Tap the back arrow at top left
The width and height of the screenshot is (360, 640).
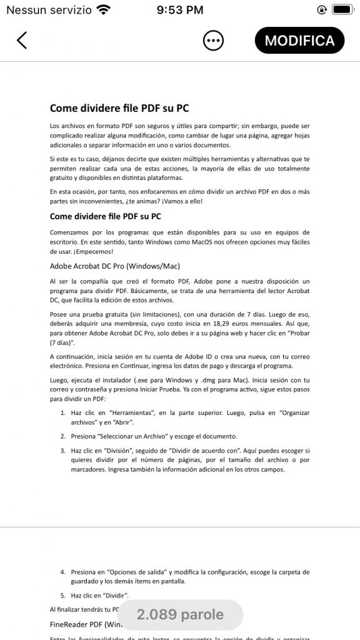pyautogui.click(x=22, y=40)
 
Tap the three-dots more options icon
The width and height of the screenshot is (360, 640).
pyautogui.click(x=213, y=41)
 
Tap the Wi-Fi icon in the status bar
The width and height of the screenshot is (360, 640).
pyautogui.click(x=103, y=9)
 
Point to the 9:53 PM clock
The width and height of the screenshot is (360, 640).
pyautogui.click(x=180, y=9)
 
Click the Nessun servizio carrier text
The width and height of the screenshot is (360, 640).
pyautogui.click(x=48, y=9)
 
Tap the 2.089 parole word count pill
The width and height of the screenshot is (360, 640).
pyautogui.click(x=180, y=615)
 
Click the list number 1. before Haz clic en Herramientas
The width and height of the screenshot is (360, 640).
pyautogui.click(x=63, y=413)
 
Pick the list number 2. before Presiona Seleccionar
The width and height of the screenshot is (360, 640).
pyautogui.click(x=63, y=436)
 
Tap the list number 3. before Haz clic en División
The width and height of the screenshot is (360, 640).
pyautogui.click(x=63, y=450)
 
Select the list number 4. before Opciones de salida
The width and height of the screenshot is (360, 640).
pyautogui.click(x=63, y=572)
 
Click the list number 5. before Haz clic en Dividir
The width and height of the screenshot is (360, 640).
pyautogui.click(x=63, y=595)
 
